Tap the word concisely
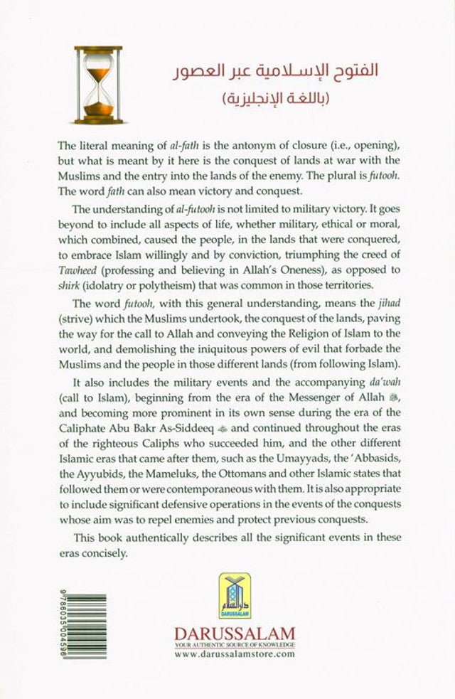coord(99,552)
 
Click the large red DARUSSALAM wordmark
coord(234,634)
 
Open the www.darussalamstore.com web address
coord(234,653)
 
